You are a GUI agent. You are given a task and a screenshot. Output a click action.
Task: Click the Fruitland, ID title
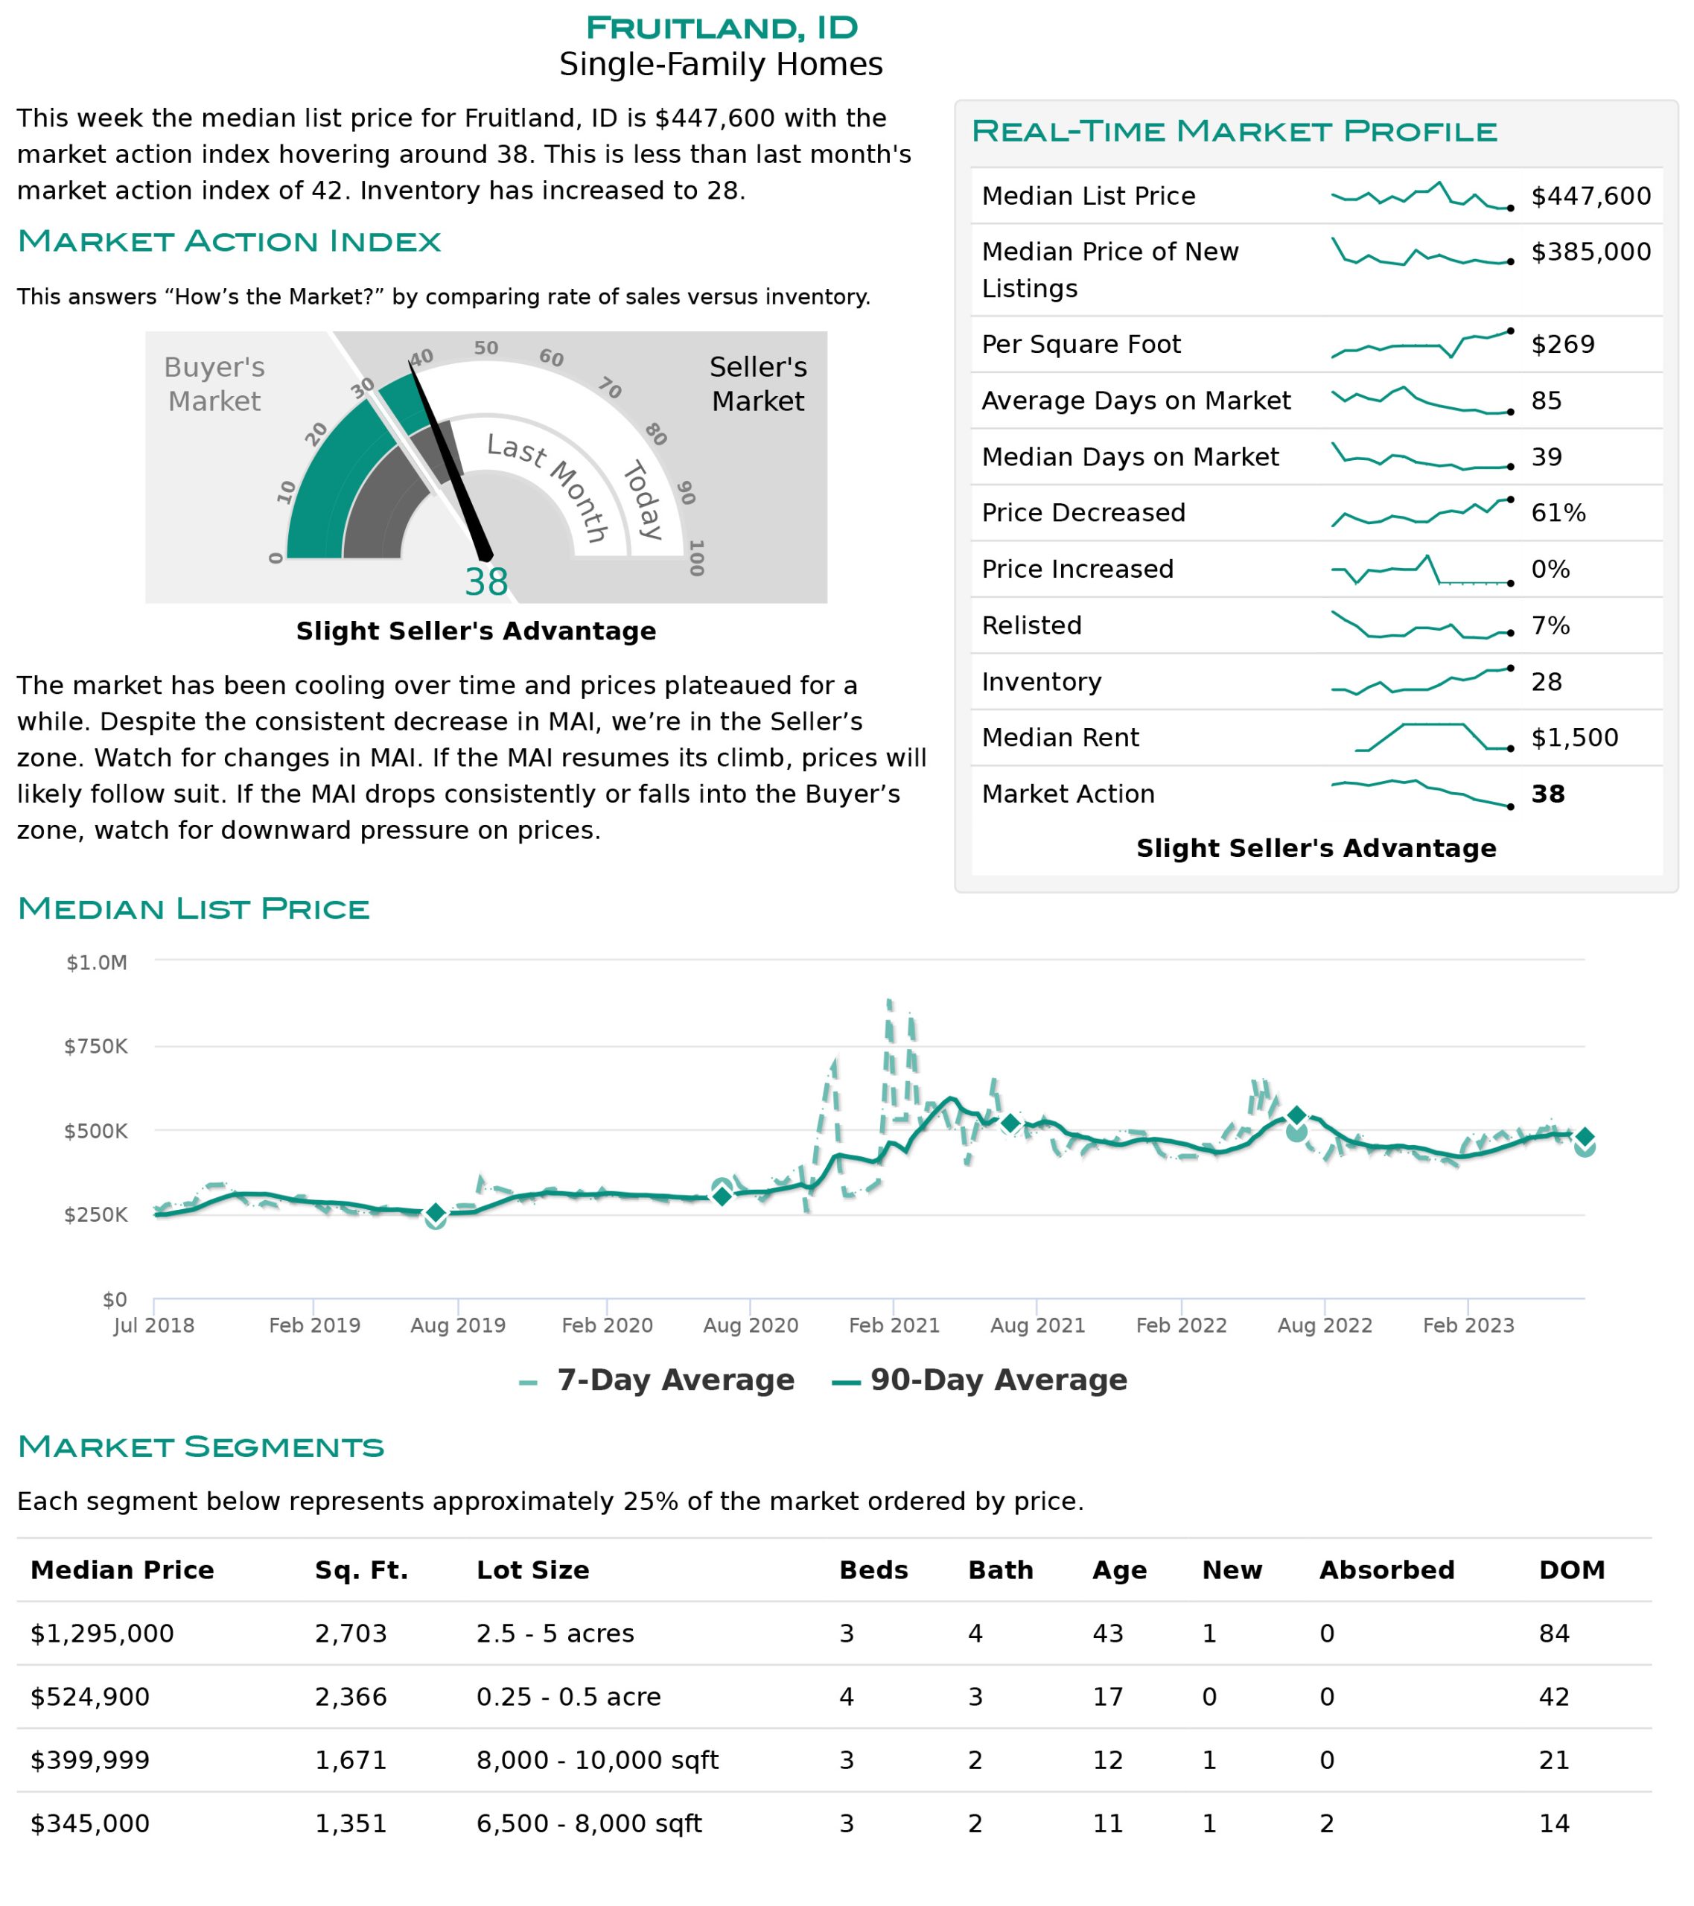(x=721, y=28)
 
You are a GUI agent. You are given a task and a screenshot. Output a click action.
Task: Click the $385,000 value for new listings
(x=1590, y=252)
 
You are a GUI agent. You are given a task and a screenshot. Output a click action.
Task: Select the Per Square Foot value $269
(x=1562, y=344)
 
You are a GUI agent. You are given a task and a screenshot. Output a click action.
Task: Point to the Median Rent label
(x=1060, y=738)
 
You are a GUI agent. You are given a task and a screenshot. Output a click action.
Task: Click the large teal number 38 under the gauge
(x=486, y=582)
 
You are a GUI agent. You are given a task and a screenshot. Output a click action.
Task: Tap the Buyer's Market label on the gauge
(x=214, y=384)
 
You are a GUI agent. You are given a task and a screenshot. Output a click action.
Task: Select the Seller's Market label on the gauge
(x=757, y=384)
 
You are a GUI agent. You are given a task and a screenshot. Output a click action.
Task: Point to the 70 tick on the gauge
(x=610, y=388)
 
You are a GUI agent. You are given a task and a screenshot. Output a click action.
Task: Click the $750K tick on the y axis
(x=95, y=1046)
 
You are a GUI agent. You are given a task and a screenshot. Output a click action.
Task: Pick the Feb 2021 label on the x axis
(x=894, y=1325)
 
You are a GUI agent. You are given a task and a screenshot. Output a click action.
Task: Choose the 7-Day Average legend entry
(x=657, y=1380)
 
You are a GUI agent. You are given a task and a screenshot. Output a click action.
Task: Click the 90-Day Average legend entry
(x=979, y=1380)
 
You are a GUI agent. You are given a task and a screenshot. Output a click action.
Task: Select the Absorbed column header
(x=1386, y=1570)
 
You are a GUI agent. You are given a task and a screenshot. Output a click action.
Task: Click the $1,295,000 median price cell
(x=102, y=1634)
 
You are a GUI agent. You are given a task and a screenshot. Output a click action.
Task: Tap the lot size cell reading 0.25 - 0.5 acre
(x=568, y=1697)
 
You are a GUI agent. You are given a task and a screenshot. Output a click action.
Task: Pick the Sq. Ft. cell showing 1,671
(x=351, y=1761)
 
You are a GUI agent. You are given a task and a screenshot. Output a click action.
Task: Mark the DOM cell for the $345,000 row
(x=1554, y=1824)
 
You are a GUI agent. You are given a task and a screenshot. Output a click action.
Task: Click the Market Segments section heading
(x=200, y=1447)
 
